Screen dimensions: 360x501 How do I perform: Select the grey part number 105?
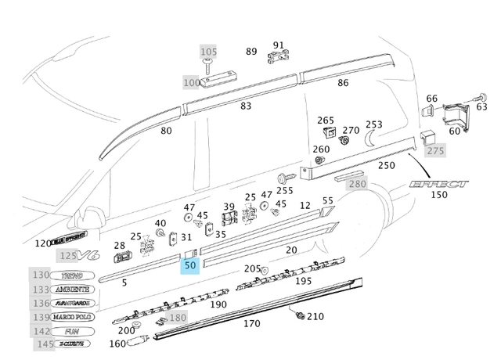(208, 52)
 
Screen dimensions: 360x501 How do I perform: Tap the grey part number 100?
(192, 82)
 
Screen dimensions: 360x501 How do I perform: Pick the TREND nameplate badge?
(71, 275)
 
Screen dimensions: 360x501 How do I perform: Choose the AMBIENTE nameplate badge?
(73, 289)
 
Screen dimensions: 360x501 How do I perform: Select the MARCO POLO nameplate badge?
(73, 316)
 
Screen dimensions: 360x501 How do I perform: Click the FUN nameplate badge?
(71, 330)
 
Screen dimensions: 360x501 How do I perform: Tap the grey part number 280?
(357, 184)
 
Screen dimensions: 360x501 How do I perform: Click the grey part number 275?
(435, 150)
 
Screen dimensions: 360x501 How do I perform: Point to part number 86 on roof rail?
(343, 83)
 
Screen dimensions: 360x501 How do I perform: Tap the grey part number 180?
(178, 317)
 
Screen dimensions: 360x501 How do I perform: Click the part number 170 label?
(252, 322)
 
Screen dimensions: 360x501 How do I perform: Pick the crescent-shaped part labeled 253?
(369, 138)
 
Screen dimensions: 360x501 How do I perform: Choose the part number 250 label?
(387, 165)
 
